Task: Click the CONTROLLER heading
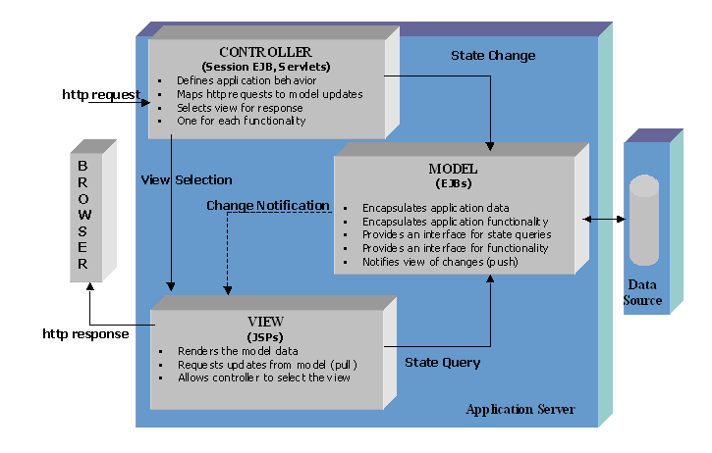click(265, 52)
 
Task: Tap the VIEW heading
click(266, 321)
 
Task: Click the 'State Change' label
click(493, 56)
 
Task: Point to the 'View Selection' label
click(187, 179)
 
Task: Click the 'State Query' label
click(443, 363)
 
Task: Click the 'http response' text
click(85, 333)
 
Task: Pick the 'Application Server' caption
click(520, 409)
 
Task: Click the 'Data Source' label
click(643, 292)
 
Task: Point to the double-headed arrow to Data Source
click(605, 219)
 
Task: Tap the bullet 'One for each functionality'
click(241, 121)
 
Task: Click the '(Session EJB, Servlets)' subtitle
click(265, 66)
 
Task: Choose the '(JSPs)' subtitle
click(266, 334)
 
